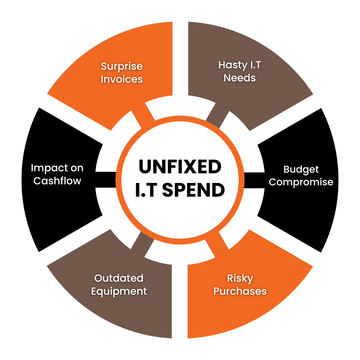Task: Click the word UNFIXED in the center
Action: pyautogui.click(x=180, y=167)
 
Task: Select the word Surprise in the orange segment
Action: pyautogui.click(x=122, y=66)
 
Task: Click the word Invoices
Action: pyautogui.click(x=122, y=79)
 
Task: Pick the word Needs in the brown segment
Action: pyautogui.click(x=240, y=78)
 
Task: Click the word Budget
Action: pyautogui.click(x=301, y=169)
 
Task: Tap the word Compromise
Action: pyautogui.click(x=301, y=182)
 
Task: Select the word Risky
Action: pyautogui.click(x=240, y=278)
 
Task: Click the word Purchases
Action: pyautogui.click(x=240, y=291)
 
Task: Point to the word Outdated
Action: pyautogui.click(x=119, y=278)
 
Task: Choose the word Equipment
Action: pyautogui.click(x=119, y=291)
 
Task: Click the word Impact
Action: pyautogui.click(x=47, y=168)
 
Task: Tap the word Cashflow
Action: pyautogui.click(x=57, y=181)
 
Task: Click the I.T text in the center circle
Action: pyautogui.click(x=146, y=190)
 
